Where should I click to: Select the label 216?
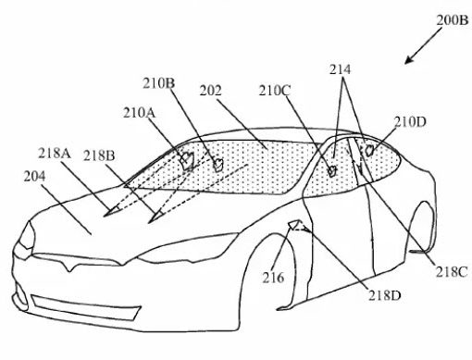[x=271, y=275]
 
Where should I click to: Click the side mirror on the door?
[x=296, y=226]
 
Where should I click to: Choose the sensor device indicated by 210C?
[x=331, y=169]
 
